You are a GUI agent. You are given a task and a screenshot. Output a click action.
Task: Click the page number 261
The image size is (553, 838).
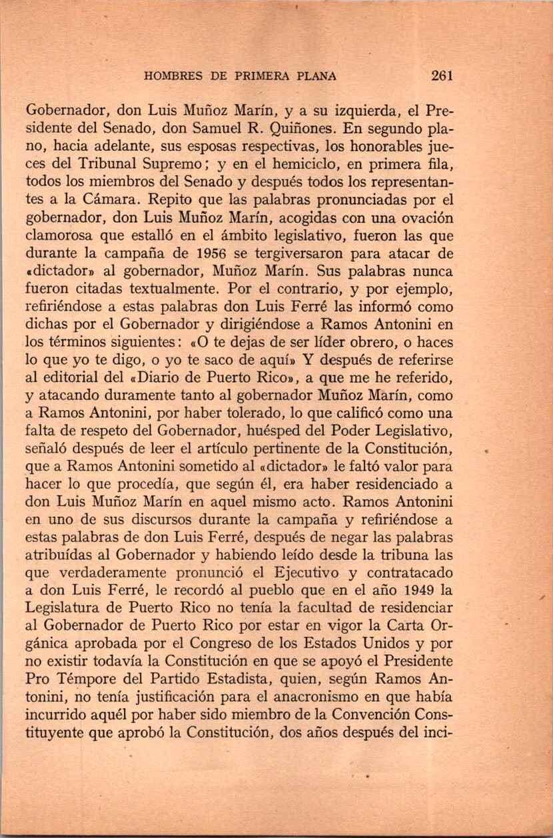pos(442,75)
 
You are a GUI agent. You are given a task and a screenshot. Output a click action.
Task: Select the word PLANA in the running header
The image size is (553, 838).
pos(313,76)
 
